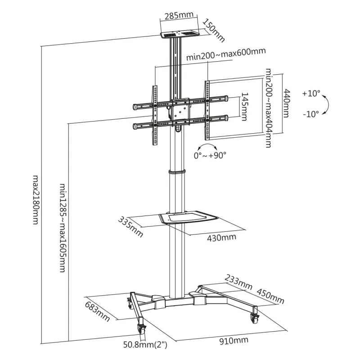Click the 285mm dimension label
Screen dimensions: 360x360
tap(178, 15)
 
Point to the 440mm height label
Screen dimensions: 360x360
tap(286, 103)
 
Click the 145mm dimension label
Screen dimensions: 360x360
tap(244, 107)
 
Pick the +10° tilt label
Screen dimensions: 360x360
tap(311, 94)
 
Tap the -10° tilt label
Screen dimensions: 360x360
tap(311, 114)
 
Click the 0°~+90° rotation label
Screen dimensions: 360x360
tap(210, 155)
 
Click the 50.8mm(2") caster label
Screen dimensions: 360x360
tap(146, 345)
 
